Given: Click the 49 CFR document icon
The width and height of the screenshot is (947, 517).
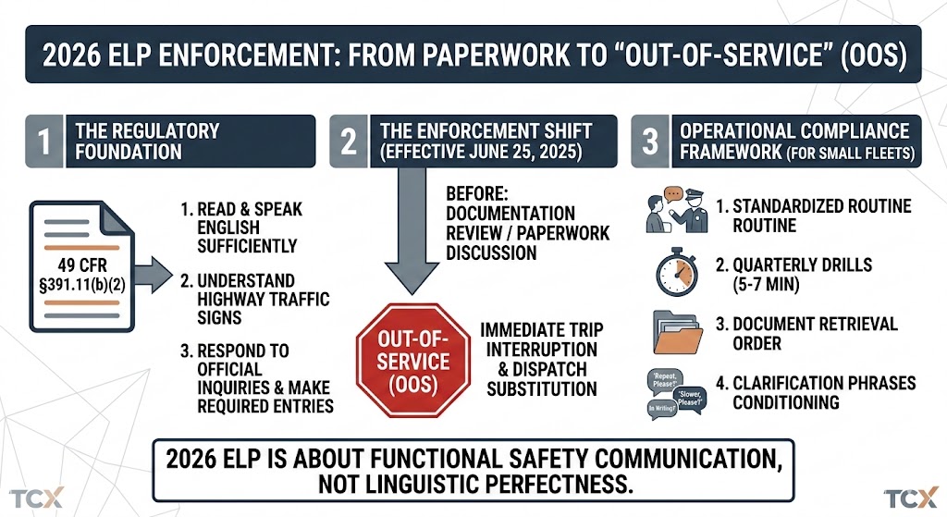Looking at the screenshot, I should pos(77,268).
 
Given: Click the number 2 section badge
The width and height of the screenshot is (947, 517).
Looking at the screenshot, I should pos(348,142).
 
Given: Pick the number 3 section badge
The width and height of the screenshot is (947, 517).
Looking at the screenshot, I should pos(650,142).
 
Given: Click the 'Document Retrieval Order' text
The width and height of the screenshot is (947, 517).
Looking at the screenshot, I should pos(815,334).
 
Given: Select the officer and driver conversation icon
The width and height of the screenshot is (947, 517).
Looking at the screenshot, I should pos(677,211).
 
